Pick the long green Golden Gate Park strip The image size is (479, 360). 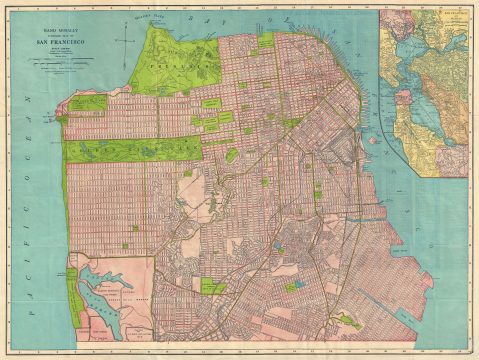click(130, 150)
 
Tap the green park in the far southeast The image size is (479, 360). click(347, 322)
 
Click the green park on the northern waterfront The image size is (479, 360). click(266, 41)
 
